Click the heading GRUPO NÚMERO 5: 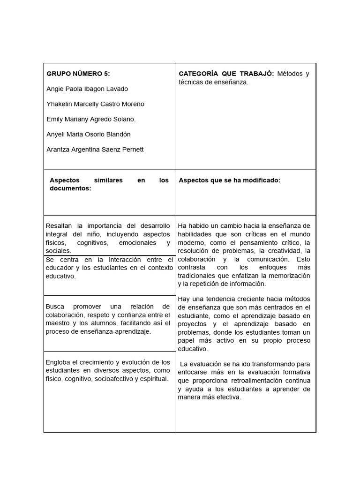[78, 74]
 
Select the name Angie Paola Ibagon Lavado [87, 89]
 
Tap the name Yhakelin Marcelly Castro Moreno [95, 104]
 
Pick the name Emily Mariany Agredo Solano [91, 119]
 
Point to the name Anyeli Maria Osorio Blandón [89, 134]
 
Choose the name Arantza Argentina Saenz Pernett [95, 150]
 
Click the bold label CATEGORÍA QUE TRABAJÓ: [226, 74]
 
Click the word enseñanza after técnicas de [231, 82]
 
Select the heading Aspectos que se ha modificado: [229, 180]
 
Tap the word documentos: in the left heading [70, 188]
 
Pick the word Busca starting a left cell [55, 306]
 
